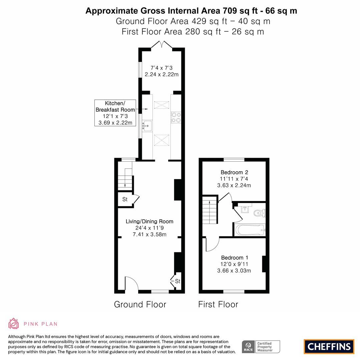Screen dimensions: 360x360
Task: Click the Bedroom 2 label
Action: click(x=234, y=172)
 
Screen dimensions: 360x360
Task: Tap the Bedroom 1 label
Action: click(x=234, y=258)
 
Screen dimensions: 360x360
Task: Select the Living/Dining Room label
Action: click(x=149, y=221)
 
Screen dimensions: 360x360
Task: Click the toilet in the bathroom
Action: click(x=259, y=212)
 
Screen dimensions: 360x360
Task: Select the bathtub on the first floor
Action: click(x=250, y=230)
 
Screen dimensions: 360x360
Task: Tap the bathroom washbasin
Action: click(x=245, y=209)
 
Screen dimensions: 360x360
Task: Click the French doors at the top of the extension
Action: click(x=161, y=45)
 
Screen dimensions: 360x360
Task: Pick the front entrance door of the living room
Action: click(x=131, y=284)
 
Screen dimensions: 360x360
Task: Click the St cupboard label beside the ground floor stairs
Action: click(x=125, y=200)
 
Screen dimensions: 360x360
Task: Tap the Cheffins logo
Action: click(x=329, y=346)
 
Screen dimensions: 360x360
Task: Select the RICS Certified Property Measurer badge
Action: click(x=261, y=347)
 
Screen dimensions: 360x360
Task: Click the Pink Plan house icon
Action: click(x=13, y=323)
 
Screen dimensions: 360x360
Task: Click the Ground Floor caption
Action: click(x=140, y=304)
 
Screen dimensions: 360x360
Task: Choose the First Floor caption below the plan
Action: click(x=218, y=304)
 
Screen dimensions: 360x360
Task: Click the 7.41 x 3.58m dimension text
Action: click(x=149, y=234)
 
